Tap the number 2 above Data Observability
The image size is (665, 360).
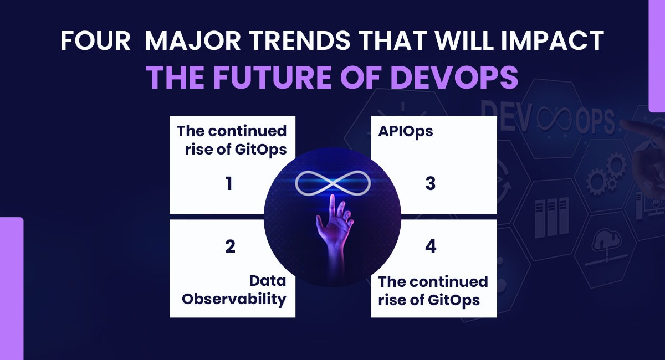click(230, 246)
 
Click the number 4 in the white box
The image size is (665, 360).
click(431, 246)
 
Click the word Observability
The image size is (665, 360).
click(234, 299)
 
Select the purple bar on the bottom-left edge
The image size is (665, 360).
click(11, 288)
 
